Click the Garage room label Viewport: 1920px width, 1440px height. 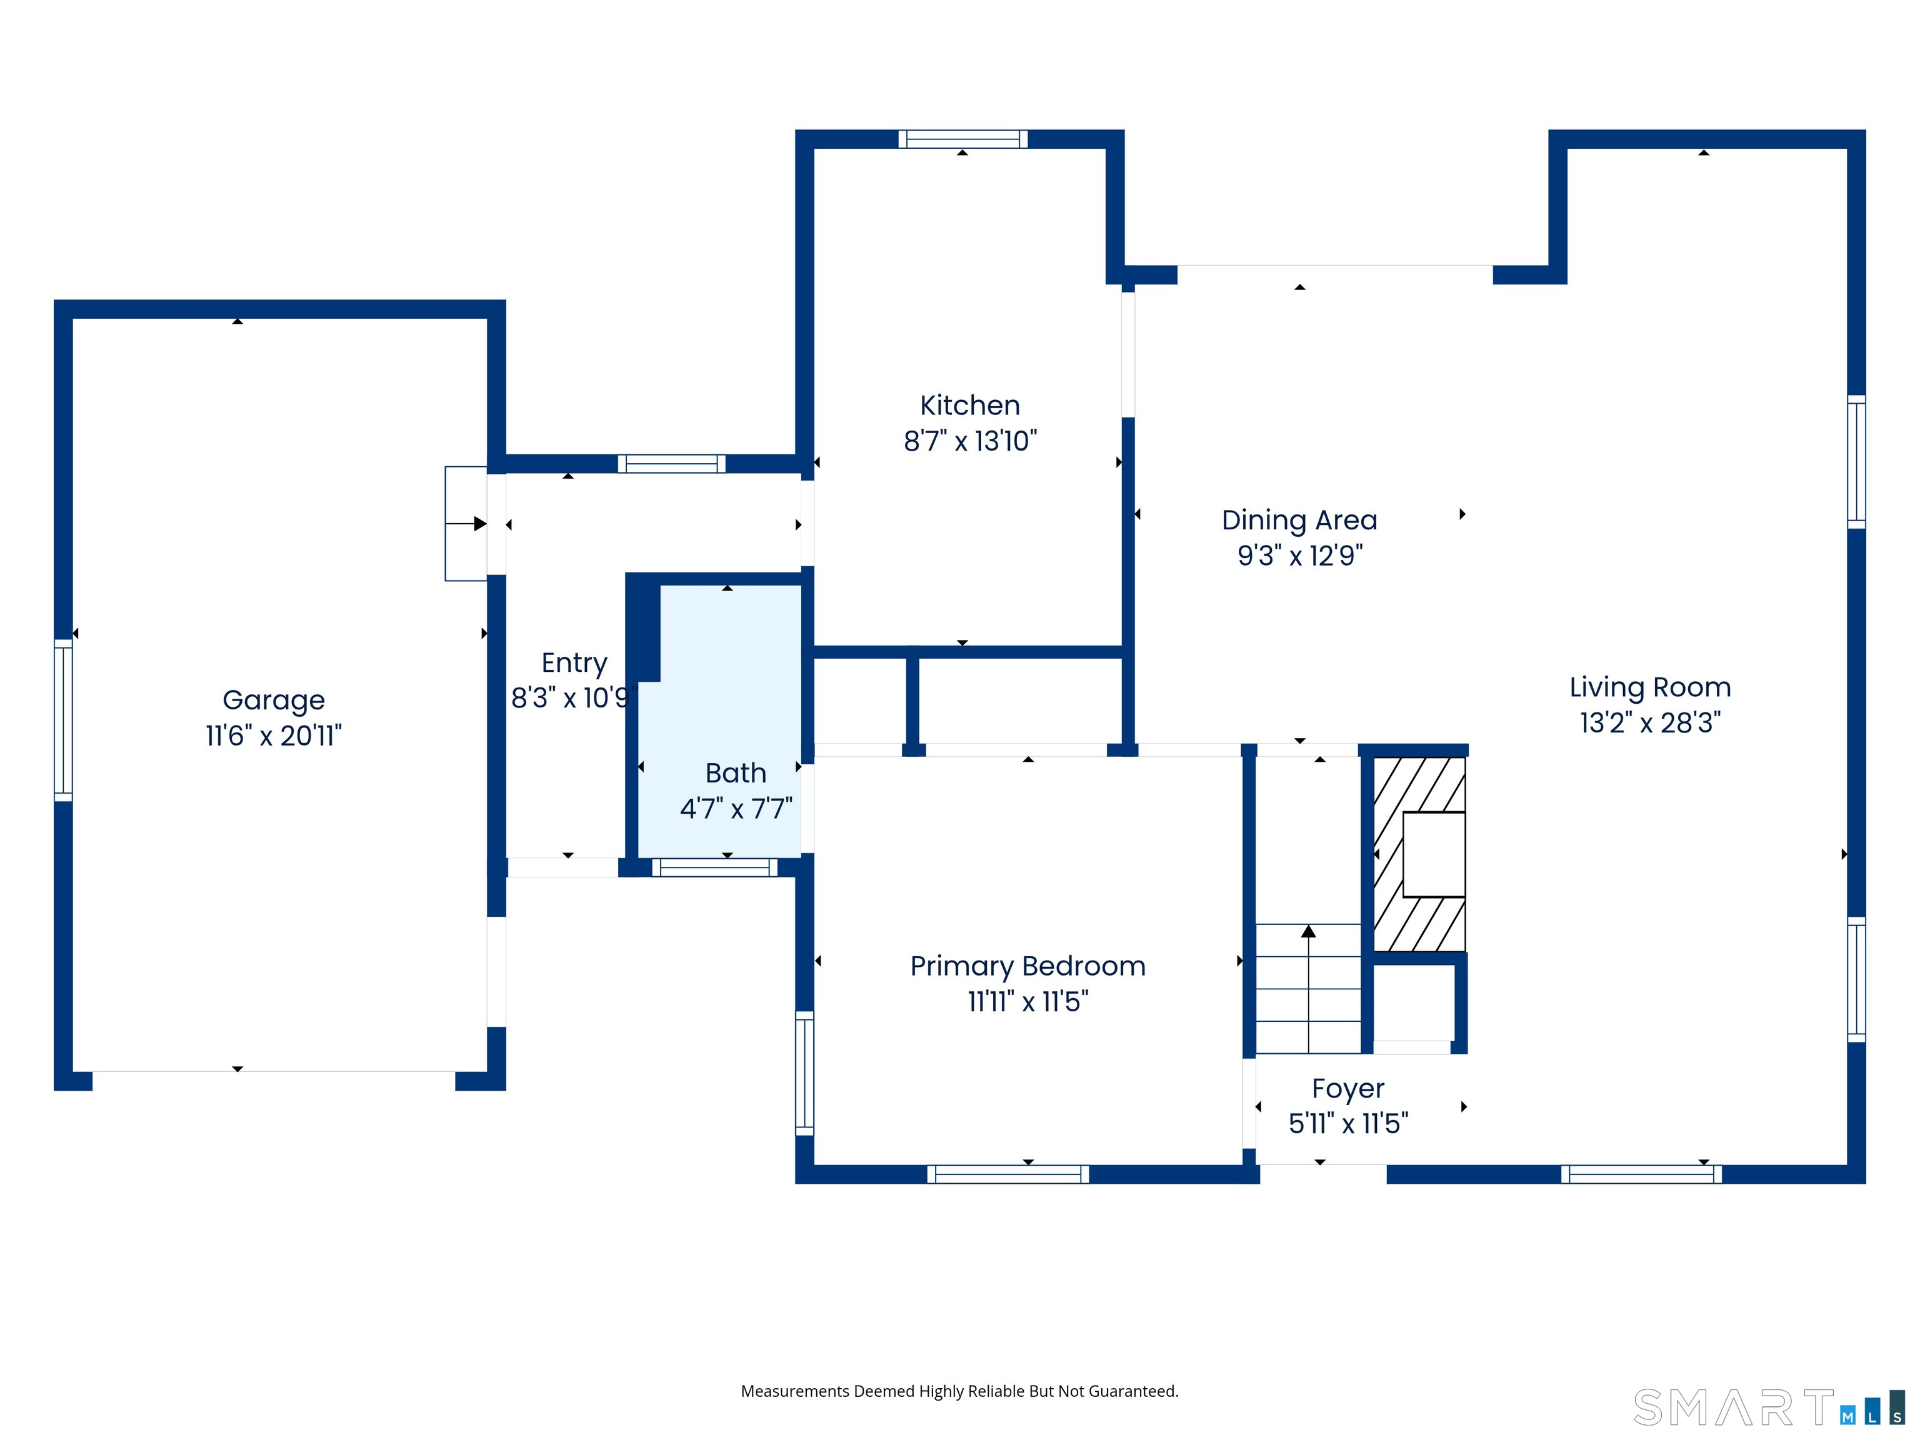[273, 699]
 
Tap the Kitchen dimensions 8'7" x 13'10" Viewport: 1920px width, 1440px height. [969, 441]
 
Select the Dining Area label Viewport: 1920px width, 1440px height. [1299, 520]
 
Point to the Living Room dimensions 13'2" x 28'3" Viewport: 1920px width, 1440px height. [1649, 722]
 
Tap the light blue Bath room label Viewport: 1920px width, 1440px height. [735, 772]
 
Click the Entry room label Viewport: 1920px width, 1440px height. [574, 662]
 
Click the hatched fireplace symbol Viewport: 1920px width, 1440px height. [1418, 854]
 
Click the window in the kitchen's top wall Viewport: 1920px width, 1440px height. [962, 139]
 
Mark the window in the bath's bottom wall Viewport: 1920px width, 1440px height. [714, 867]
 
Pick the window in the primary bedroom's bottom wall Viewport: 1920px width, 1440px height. [1007, 1174]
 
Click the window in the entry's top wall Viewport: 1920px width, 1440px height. [671, 464]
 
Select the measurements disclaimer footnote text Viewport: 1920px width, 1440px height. [959, 1391]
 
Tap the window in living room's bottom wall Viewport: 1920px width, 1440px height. [1641, 1174]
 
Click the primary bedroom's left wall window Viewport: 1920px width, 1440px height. [804, 1073]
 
